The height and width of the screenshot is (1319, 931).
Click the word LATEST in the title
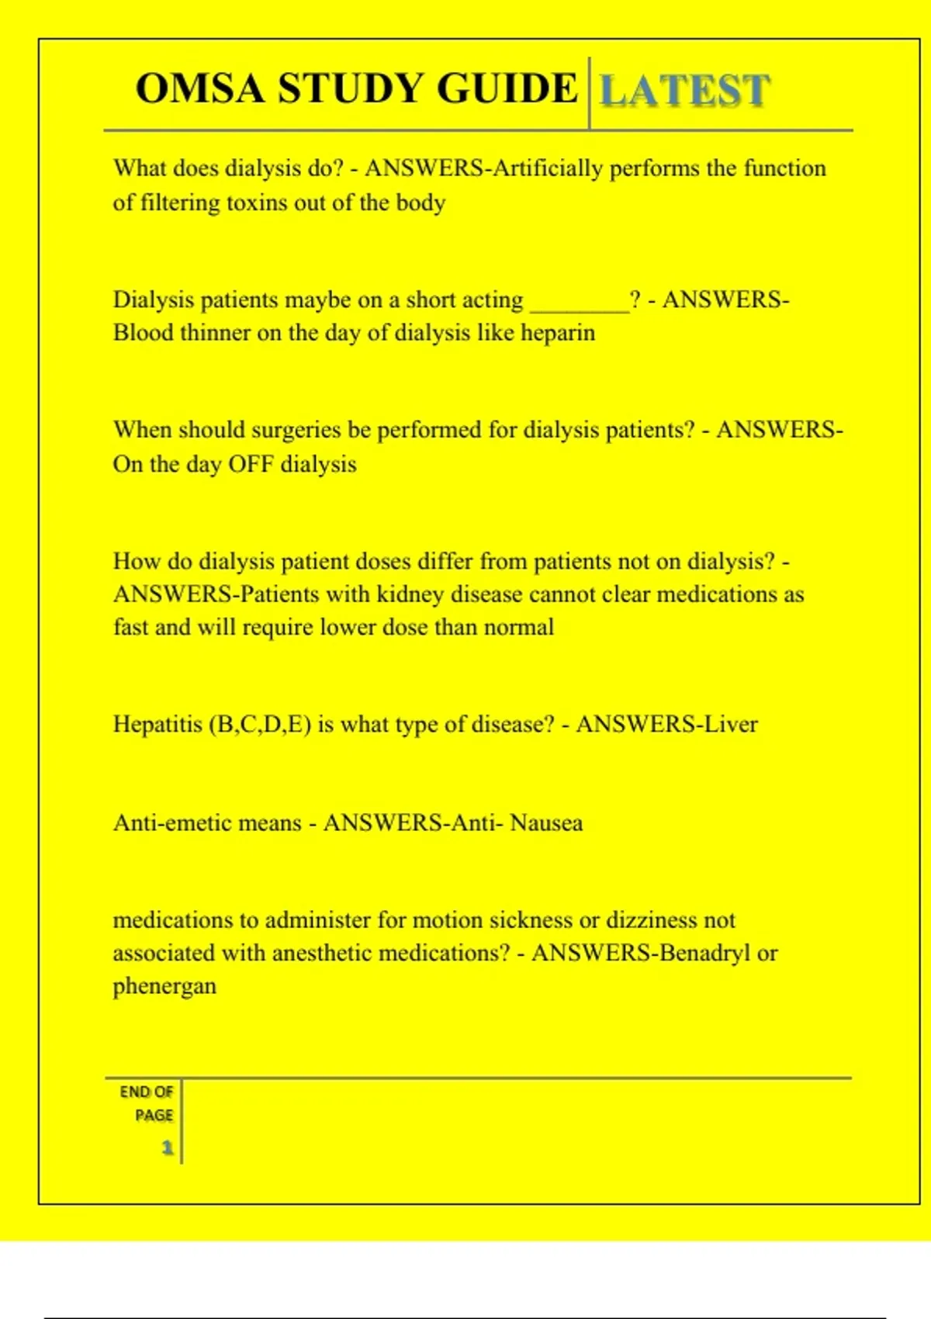click(x=685, y=90)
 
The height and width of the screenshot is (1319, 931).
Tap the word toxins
click(x=258, y=203)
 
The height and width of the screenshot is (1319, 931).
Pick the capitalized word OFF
click(x=250, y=464)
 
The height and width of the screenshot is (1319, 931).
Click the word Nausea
click(x=546, y=822)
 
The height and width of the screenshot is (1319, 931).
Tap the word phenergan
click(x=164, y=986)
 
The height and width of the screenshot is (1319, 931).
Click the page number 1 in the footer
click(x=168, y=1148)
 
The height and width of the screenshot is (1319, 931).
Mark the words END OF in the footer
click(x=146, y=1092)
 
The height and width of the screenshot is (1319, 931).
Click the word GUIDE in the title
click(x=506, y=88)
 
